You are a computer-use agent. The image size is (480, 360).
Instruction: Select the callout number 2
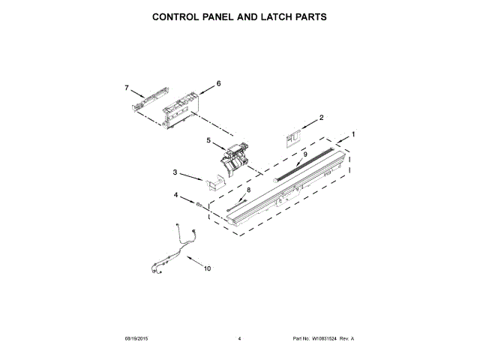[x=321, y=118]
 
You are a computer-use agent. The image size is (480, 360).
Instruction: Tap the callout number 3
[x=175, y=173]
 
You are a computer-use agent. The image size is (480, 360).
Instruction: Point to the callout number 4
[x=177, y=196]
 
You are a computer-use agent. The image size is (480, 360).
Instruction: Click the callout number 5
[x=208, y=139]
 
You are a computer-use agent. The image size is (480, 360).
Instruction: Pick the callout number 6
[x=218, y=84]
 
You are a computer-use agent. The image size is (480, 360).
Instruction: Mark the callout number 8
[x=249, y=190]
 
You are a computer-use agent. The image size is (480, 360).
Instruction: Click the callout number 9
[x=305, y=154]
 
